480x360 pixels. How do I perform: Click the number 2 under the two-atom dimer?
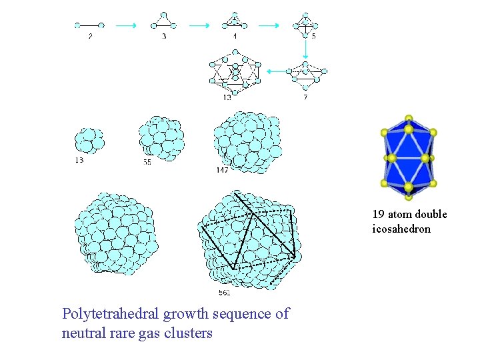pos(90,36)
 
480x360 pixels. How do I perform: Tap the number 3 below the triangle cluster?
pos(164,36)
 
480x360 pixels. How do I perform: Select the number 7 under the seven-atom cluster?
pos(305,97)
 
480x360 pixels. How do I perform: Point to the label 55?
pos(147,162)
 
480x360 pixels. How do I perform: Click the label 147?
pos(222,171)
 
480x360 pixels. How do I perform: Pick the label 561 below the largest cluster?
pos(224,293)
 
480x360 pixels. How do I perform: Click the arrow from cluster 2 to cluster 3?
pos(126,25)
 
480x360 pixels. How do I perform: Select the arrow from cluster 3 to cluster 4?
pos(199,25)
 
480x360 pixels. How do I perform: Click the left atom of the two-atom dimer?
pos(77,25)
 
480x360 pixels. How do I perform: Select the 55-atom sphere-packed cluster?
pos(161,137)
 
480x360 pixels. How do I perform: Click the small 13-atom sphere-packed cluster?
pos(89,141)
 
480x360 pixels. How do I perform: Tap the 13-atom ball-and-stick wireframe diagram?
pos(234,72)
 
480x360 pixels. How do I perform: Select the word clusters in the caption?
pos(185,333)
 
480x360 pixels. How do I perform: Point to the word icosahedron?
pos(401,229)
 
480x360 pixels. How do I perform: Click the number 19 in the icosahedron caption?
pos(378,215)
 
